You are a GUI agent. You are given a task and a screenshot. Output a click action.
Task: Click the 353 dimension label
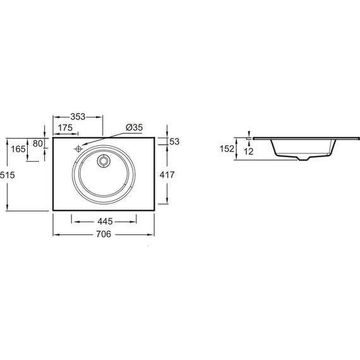click(x=78, y=117)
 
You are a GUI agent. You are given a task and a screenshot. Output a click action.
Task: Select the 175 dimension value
click(x=65, y=128)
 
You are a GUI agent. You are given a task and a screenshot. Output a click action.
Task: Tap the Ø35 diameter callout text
click(x=135, y=127)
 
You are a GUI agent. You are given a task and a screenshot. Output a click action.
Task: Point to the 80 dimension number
click(x=38, y=143)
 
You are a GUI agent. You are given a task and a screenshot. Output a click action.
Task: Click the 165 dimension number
click(x=18, y=149)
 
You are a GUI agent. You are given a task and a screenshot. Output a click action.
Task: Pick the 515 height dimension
click(x=8, y=175)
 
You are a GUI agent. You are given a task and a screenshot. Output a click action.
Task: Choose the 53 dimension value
click(x=174, y=141)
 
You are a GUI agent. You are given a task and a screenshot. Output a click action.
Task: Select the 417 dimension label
click(x=167, y=175)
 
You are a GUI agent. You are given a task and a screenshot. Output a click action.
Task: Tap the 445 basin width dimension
click(x=105, y=221)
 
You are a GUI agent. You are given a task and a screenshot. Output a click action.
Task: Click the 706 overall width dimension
click(x=104, y=234)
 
